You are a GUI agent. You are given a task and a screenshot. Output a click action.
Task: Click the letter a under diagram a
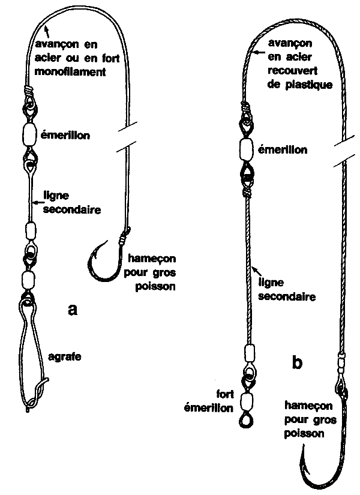pos(73,310)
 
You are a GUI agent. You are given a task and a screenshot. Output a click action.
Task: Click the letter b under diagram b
pos(297,362)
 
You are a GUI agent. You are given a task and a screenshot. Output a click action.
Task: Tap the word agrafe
pos(64,357)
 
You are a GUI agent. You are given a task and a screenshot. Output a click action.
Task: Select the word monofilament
pos(70,72)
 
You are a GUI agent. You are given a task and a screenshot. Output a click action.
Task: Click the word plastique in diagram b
pos(309,85)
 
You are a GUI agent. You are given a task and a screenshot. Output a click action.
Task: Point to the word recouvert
pos(292,71)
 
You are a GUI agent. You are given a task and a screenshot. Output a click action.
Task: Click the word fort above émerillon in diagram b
pos(225,394)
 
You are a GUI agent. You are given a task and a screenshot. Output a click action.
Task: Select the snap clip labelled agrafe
pos(32,353)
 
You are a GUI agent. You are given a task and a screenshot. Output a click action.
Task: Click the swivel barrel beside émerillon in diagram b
pos(247,149)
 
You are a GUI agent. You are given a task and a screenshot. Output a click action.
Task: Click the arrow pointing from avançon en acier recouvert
pos(260,52)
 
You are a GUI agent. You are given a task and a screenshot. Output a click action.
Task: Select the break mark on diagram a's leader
pos(127,136)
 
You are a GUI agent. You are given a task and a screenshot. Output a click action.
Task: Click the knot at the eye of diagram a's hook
pos(124,236)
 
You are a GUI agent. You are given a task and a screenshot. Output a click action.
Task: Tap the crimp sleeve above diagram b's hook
pos(341,364)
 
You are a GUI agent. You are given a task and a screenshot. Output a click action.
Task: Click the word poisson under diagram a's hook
pos(155,286)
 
